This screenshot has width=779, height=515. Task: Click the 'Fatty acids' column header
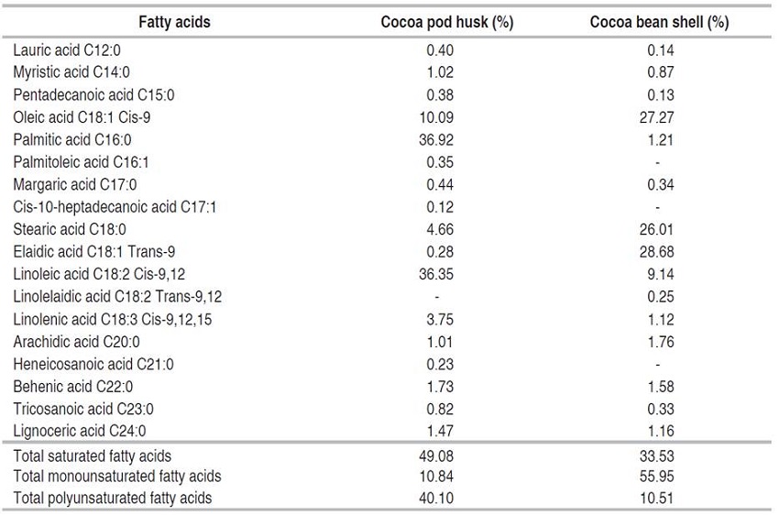tap(174, 22)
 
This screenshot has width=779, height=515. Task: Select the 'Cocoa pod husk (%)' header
tap(446, 22)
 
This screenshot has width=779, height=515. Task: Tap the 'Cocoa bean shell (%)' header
tap(660, 22)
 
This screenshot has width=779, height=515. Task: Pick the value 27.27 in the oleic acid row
tap(660, 117)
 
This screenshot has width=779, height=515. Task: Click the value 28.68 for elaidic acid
tap(660, 251)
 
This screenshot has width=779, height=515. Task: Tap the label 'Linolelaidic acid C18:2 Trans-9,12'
tap(117, 296)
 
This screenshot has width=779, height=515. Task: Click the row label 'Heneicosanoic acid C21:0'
tap(94, 364)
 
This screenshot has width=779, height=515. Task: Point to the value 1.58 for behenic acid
tap(660, 386)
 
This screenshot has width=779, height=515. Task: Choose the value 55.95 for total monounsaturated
tap(660, 477)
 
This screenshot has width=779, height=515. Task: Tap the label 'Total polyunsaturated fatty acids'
tap(113, 499)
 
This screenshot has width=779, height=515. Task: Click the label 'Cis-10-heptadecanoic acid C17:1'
tap(115, 207)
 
